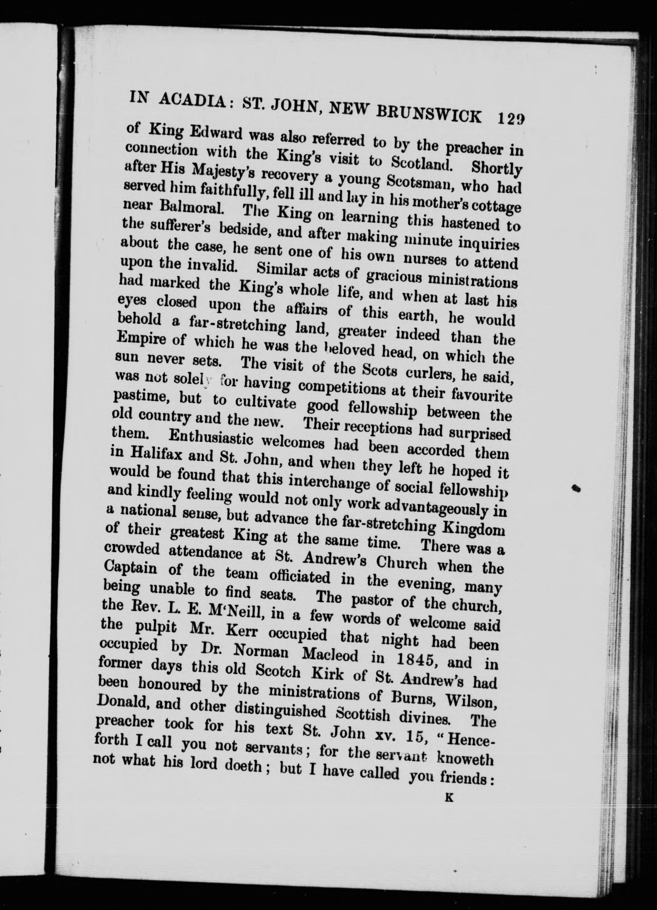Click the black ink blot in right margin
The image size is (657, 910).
[x=577, y=488]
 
